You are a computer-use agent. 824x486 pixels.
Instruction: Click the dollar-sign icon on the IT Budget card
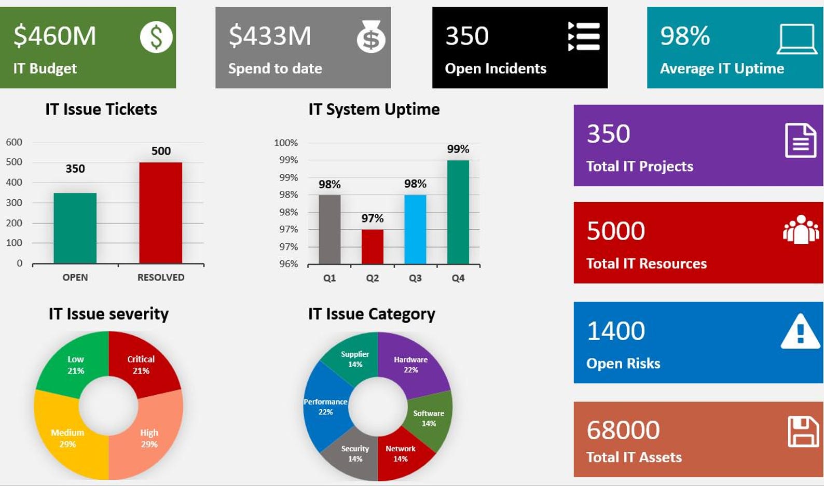pos(156,37)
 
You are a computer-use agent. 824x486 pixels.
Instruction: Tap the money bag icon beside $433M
pos(370,37)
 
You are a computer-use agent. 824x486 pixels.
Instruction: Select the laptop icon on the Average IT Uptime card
pos(796,39)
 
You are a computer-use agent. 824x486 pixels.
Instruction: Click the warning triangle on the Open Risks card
pos(800,331)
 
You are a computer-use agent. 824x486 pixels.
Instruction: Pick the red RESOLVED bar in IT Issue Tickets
pos(160,213)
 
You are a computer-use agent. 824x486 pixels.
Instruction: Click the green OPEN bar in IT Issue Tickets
pos(75,228)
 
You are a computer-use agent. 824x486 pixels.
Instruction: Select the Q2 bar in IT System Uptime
pos(372,246)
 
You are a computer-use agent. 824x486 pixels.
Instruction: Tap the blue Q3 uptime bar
pos(415,229)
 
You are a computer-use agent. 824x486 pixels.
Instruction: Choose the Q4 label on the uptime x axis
pos(458,278)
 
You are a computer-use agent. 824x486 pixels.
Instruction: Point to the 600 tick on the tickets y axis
pos(14,142)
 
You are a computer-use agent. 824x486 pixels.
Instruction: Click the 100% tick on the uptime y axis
pos(285,143)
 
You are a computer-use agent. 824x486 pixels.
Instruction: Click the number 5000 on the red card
pos(616,231)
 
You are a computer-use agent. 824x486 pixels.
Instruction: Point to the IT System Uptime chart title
pos(374,109)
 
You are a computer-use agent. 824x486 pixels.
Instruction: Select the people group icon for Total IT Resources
pos(801,229)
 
